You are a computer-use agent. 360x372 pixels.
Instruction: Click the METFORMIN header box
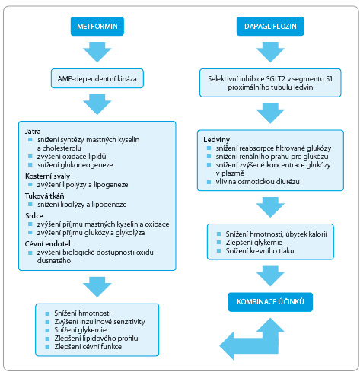pos(97,26)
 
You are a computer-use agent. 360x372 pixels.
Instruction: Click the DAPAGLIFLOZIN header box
pos(270,26)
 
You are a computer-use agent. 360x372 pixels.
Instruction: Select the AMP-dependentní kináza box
pos(97,78)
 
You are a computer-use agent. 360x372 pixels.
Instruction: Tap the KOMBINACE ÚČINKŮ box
pos(270,302)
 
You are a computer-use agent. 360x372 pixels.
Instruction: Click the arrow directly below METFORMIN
pos(97,52)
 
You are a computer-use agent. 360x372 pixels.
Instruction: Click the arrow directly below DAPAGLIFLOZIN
pos(270,52)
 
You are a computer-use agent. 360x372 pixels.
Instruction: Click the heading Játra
pos(33,132)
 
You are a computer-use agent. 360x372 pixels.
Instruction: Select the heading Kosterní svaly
pos(47,176)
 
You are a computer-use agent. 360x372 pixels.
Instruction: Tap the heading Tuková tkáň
pos(44,196)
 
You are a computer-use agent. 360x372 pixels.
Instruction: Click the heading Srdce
pos(34,216)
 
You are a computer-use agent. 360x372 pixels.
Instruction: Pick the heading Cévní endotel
pos(47,244)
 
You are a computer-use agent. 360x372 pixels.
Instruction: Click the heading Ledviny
pos(216,140)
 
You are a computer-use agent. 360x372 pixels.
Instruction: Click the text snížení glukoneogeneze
pos(75,165)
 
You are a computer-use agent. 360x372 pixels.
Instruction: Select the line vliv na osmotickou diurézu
pos(257,182)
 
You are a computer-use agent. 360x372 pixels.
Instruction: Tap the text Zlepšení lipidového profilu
pos(96,339)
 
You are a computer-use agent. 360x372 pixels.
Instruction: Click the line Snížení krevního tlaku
pos(260,251)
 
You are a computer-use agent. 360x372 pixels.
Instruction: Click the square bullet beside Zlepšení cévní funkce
pos(47,347)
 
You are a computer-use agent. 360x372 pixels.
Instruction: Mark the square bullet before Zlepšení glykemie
pos(218,243)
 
